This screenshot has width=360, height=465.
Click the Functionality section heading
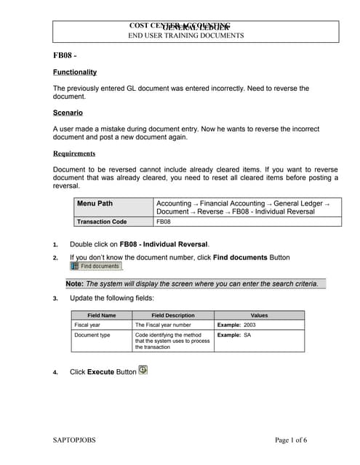(74, 73)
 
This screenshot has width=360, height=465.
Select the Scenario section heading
(68, 113)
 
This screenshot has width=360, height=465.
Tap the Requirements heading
(74, 153)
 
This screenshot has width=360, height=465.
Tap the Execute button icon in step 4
(143, 370)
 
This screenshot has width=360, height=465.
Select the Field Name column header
(102, 315)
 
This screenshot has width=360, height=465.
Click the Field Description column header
(172, 315)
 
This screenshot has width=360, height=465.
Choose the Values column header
(258, 315)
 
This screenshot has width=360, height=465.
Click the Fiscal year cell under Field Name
(87, 325)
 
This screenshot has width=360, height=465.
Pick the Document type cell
(92, 335)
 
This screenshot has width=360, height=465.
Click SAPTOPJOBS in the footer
(74, 440)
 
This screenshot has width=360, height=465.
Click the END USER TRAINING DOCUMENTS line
(186, 36)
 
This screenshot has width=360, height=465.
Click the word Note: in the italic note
(74, 283)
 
